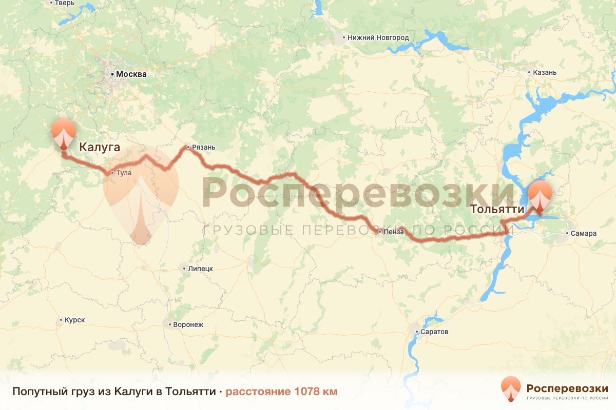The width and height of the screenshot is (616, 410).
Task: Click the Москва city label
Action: click(x=131, y=74)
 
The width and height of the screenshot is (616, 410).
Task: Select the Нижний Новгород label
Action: click(x=378, y=37)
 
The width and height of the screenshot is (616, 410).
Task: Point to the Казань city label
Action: click(x=545, y=72)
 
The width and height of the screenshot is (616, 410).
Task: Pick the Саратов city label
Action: click(x=435, y=332)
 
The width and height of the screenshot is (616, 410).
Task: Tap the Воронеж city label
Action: click(x=188, y=324)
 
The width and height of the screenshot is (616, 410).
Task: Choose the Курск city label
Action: click(x=74, y=320)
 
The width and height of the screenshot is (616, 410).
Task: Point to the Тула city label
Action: click(x=124, y=173)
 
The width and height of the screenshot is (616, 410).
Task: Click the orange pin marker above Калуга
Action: click(x=64, y=132)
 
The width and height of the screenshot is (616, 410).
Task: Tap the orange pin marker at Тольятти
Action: click(x=540, y=196)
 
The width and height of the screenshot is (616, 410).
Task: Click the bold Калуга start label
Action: click(x=100, y=148)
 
